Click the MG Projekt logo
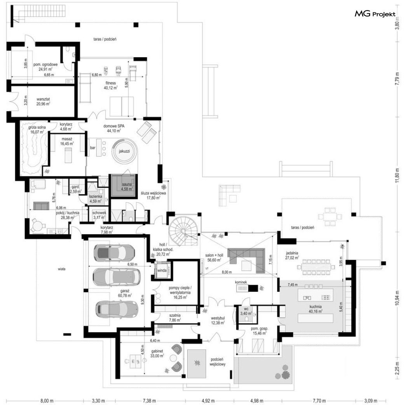coord(375,14)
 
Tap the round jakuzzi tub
coord(124,151)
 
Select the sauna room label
coord(127,187)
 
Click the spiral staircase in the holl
coord(184,230)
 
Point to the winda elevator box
coord(162,270)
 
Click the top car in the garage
coord(114,252)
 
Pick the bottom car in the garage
coord(116,309)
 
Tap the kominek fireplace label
coord(241,282)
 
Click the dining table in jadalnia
coord(316,267)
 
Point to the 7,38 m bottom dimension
coord(149,401)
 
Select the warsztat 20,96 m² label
coord(43,102)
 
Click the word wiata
coord(62,269)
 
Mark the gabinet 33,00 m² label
coord(157,353)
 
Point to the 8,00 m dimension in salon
coord(227,272)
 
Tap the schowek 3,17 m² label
coord(99,215)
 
